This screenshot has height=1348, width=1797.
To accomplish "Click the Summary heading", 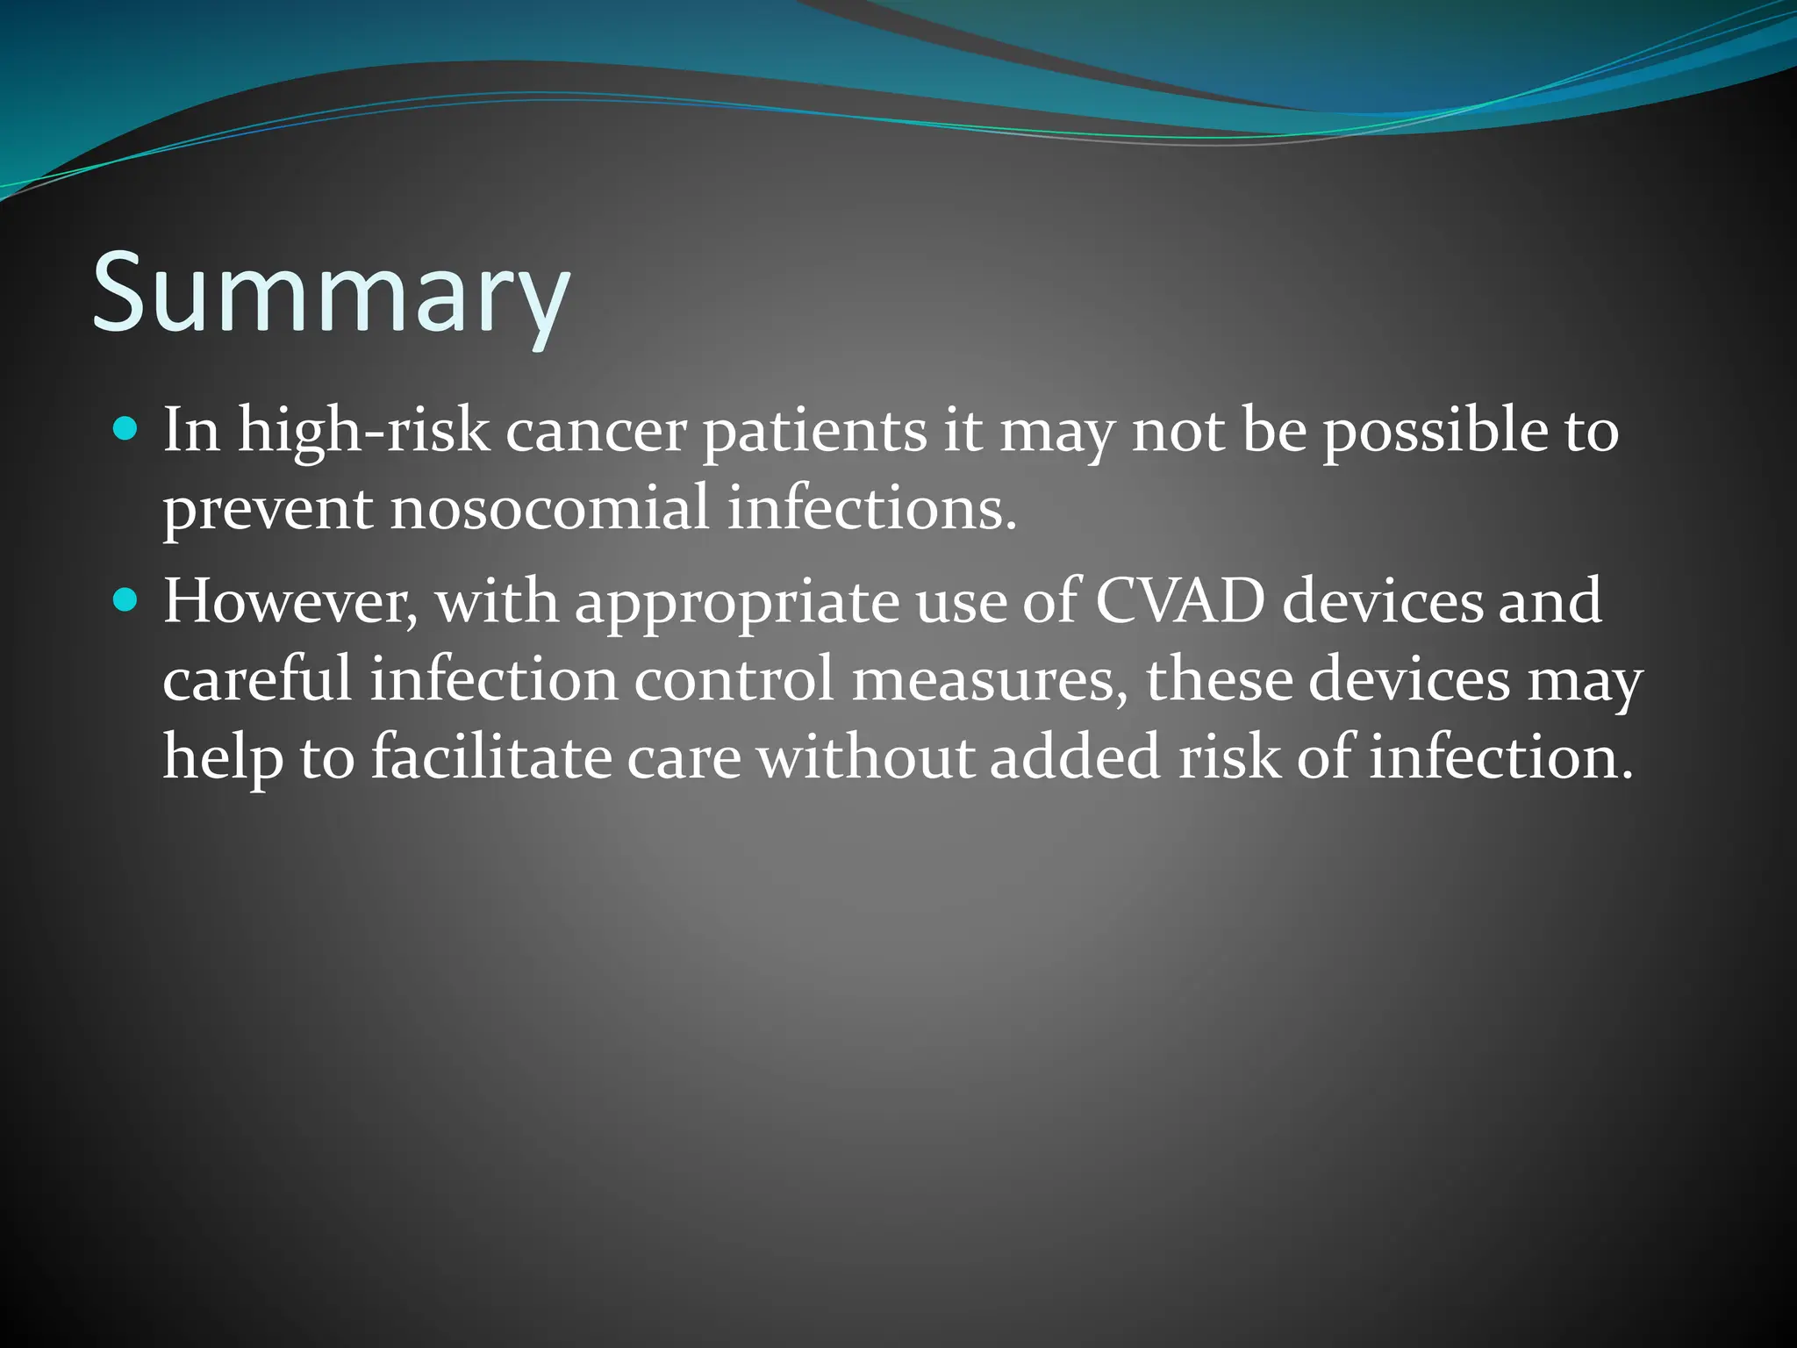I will (x=332, y=294).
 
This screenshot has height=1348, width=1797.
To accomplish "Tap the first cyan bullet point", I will (x=126, y=429).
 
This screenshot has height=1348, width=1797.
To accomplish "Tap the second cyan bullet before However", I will (x=126, y=600).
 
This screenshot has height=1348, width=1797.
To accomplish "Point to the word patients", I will (x=814, y=432).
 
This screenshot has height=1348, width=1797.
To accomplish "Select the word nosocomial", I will (x=549, y=509).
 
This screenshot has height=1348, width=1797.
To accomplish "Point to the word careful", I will (x=256, y=680).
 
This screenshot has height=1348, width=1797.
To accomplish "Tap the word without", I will (x=865, y=757).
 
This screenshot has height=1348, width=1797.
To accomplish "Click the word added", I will (x=1075, y=757).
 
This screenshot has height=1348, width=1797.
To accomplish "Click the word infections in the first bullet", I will (x=871, y=509).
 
